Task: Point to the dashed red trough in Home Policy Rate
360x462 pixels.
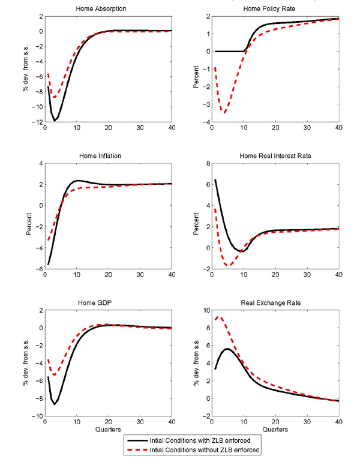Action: [224, 112]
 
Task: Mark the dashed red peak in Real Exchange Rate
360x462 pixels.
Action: [220, 317]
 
